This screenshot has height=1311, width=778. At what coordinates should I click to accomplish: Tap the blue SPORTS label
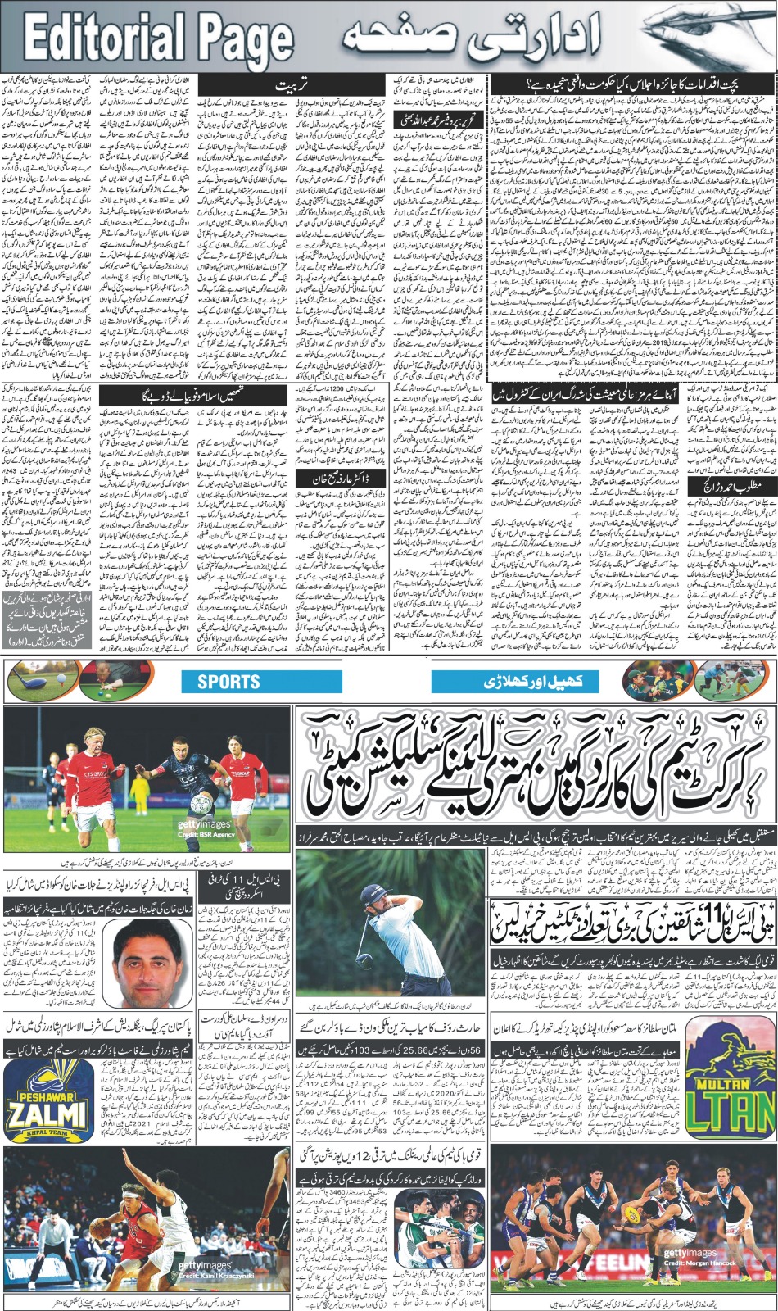coord(228,681)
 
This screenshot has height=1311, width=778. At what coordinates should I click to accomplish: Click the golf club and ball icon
coord(29,680)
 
